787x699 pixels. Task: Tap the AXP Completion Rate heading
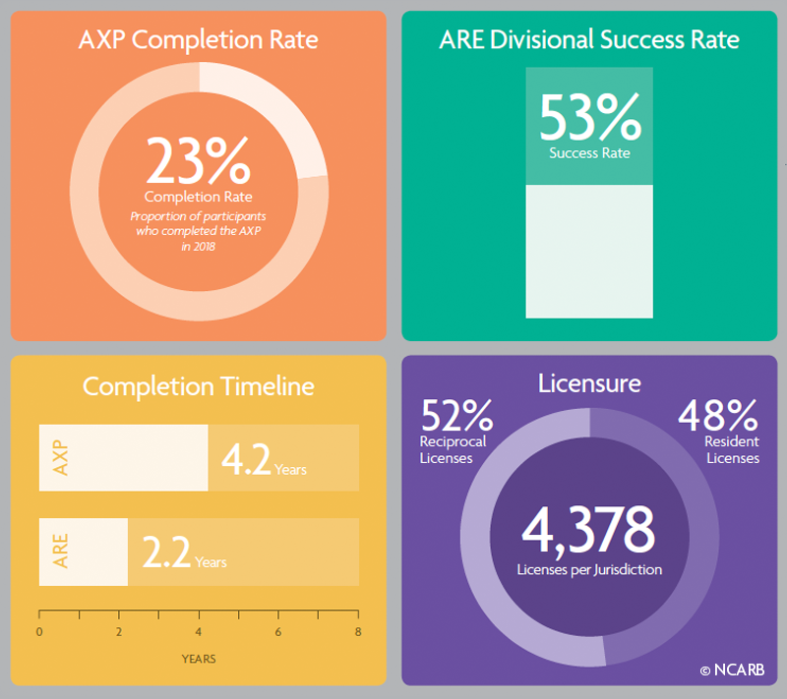[x=199, y=41]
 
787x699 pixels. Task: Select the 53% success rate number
[x=590, y=120]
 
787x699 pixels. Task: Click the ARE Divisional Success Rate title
[x=589, y=40]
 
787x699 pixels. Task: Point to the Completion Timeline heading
[x=199, y=386]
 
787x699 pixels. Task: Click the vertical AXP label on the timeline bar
[x=61, y=458]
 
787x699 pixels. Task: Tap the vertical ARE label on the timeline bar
[x=61, y=552]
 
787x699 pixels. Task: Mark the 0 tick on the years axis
[x=39, y=632]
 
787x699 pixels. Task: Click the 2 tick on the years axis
[x=119, y=632]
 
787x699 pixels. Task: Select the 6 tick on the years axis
[x=278, y=632]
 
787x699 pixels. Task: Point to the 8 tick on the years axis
[x=358, y=632]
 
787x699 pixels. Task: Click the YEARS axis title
[x=199, y=658]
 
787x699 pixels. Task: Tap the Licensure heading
[x=589, y=382]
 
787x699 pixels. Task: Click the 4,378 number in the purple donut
[x=589, y=531]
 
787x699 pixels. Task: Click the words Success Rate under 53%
[x=589, y=153]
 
